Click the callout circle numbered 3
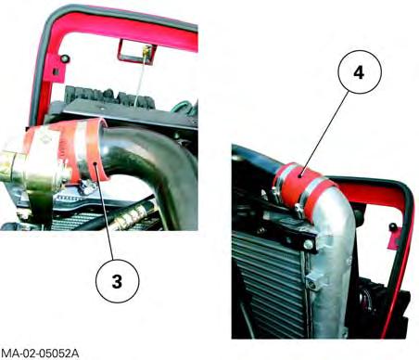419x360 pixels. coord(118,281)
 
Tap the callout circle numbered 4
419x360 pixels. coord(360,72)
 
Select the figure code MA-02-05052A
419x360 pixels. coord(40,354)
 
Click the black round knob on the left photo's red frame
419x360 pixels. coord(65,58)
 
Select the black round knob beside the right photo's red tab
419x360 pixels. coord(393,226)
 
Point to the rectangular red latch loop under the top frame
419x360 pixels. coord(136,52)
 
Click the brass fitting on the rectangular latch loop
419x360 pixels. coord(147,50)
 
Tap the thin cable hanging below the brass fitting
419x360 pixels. coord(140,81)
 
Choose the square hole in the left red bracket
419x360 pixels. coord(56,72)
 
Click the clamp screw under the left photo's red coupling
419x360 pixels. coord(87,186)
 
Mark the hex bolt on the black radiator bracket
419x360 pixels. coord(308,245)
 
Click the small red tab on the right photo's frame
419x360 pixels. coord(393,238)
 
